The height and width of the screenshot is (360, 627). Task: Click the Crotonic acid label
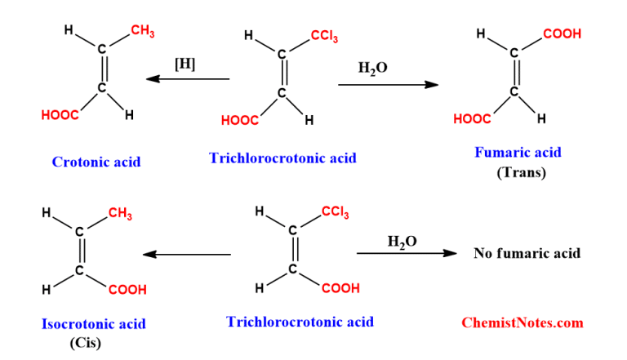coord(96,162)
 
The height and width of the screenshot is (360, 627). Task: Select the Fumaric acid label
coord(518,153)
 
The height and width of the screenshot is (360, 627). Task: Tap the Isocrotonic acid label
coord(94,324)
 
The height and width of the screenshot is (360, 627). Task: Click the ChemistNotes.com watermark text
coord(522,322)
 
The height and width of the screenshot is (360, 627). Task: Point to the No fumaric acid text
coord(527,253)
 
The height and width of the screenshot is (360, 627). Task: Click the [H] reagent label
coord(185,64)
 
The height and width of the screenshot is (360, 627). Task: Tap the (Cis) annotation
coord(85,343)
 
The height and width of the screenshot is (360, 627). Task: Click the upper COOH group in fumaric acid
coord(562,34)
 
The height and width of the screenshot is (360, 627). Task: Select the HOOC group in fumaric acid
coord(472,120)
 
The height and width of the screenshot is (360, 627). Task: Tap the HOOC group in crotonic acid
coord(60,116)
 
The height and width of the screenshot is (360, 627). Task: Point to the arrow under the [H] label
coord(188,79)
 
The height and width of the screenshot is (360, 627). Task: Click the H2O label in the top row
coord(372,69)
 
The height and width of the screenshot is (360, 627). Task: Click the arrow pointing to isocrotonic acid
coord(188,255)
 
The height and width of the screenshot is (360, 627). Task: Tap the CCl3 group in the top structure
coord(324,37)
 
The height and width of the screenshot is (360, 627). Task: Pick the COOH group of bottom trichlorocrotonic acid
coord(341,289)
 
